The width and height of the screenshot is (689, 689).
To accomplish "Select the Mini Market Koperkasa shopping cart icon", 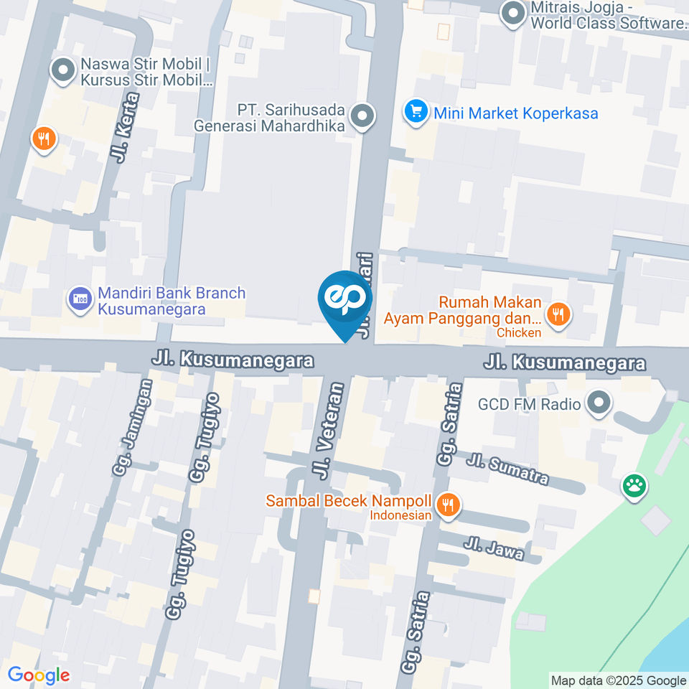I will point(415,113).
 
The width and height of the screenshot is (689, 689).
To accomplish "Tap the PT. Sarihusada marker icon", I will point(363,116).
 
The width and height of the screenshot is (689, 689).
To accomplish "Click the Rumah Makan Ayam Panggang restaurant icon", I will point(558,314).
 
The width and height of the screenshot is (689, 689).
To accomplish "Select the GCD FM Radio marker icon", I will point(598,404).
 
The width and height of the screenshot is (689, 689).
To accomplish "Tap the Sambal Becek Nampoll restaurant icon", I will point(449,505).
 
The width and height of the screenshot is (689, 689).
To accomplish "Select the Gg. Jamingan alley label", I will point(134,427).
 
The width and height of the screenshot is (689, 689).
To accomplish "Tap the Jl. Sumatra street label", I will point(507,468).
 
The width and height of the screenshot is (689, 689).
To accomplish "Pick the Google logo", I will point(39,675).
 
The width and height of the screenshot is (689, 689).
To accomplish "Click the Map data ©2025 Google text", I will point(618,680).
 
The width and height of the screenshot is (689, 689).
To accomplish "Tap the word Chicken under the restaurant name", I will point(518,332).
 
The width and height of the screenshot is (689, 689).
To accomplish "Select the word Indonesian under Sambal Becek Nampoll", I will point(400,515).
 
